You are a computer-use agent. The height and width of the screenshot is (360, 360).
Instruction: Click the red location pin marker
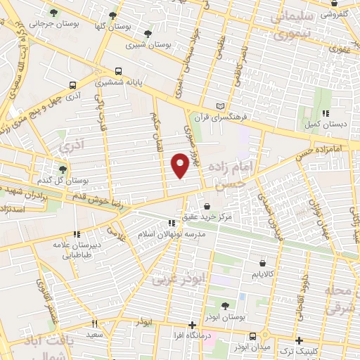coord(180,165)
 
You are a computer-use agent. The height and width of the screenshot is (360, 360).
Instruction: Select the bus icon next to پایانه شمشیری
coord(118,71)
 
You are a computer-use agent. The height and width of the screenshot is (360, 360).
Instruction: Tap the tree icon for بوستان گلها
coord(113,15)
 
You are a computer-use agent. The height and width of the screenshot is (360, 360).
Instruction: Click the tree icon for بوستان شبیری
coord(148,34)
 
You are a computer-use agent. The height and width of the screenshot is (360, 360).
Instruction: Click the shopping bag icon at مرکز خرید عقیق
coord(207,206)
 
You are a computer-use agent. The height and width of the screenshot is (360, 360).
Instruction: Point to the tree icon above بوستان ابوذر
coord(225,305)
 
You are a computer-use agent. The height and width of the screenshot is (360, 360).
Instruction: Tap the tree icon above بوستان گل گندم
coord(63,169)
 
